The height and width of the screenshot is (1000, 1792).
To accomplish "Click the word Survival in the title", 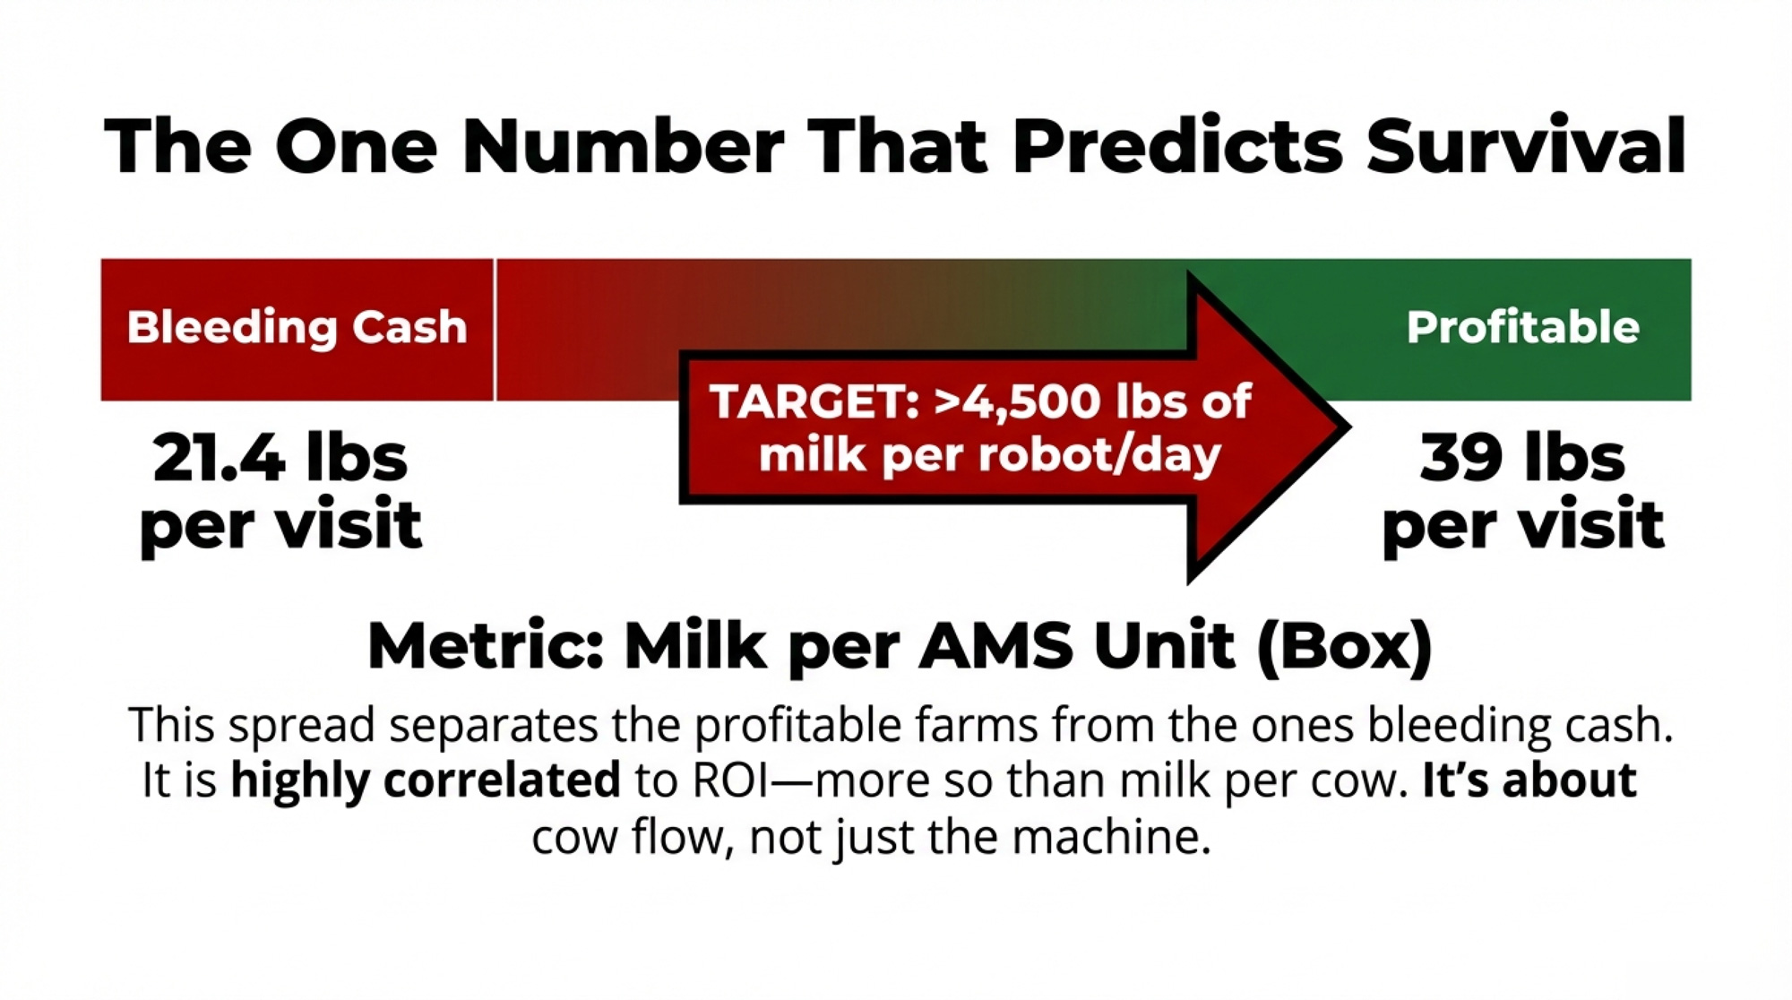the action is coord(1526,145).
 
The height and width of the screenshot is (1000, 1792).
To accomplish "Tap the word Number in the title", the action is coord(623,145).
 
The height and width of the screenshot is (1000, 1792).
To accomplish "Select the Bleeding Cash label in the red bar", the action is coord(297,328).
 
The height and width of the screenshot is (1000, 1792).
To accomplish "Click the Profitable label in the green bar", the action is coord(1522,327).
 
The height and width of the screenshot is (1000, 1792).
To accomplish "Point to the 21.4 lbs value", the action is coord(280,458).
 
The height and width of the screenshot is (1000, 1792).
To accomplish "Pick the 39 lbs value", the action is coord(1522,458).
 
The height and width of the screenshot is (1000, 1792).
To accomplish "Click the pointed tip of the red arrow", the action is coord(1349,427).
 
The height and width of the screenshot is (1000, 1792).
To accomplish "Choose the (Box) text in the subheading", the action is coord(1345,647).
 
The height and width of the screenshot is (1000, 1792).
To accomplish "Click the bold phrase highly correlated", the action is coord(426,780).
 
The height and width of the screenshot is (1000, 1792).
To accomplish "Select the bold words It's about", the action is coord(1529,780).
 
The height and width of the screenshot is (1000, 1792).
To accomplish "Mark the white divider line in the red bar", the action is coord(495,330).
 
